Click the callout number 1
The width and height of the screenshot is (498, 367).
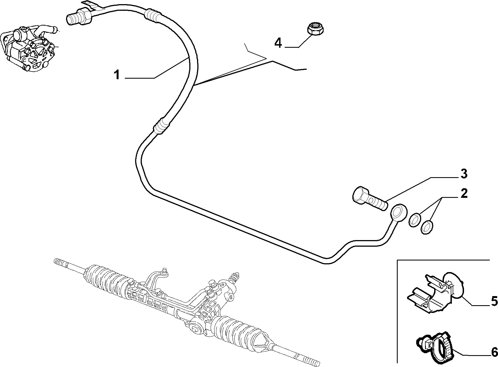pyautogui.click(x=117, y=75)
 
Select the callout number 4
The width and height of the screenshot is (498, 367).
pyautogui.click(x=278, y=43)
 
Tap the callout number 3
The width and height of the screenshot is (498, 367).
pyautogui.click(x=464, y=174)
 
